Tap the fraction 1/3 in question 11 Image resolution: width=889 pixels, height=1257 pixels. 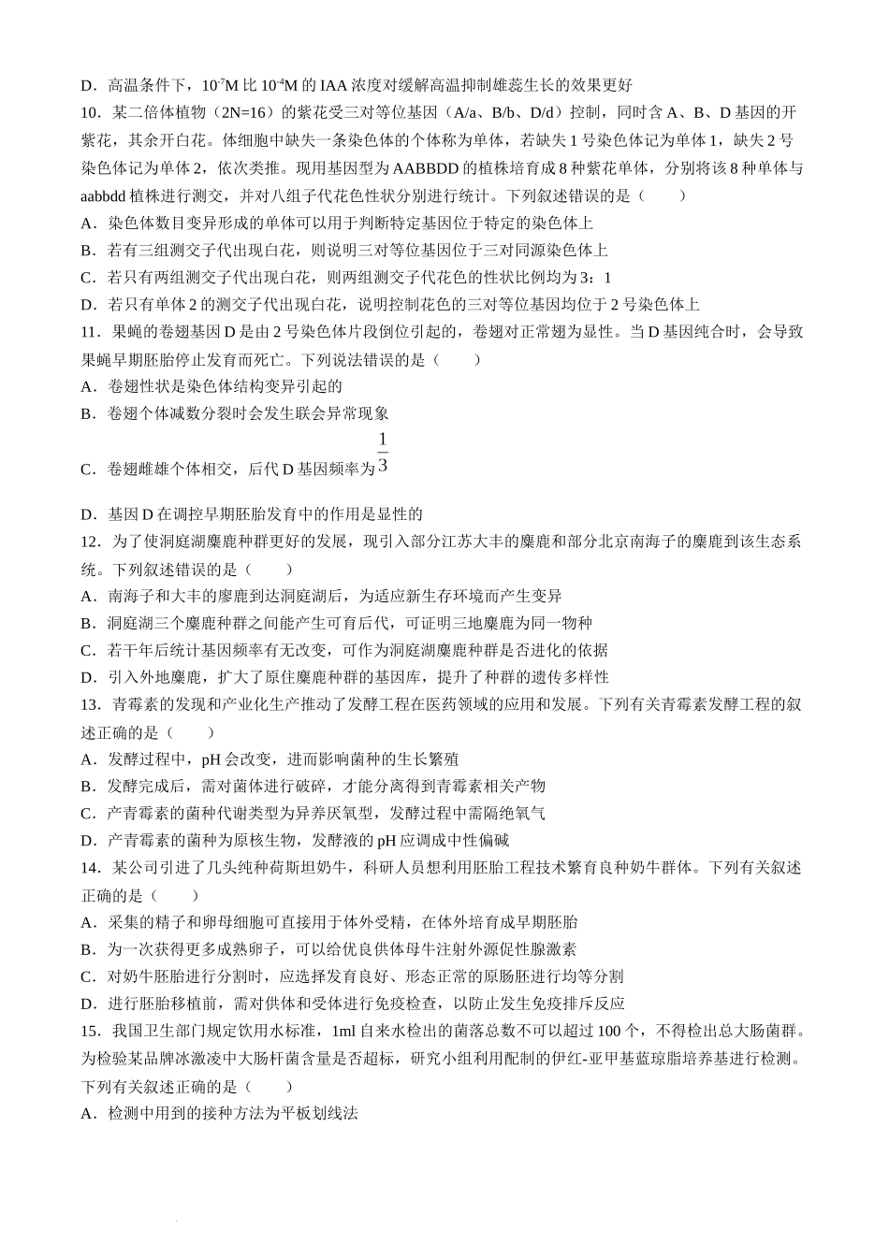tap(383, 453)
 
